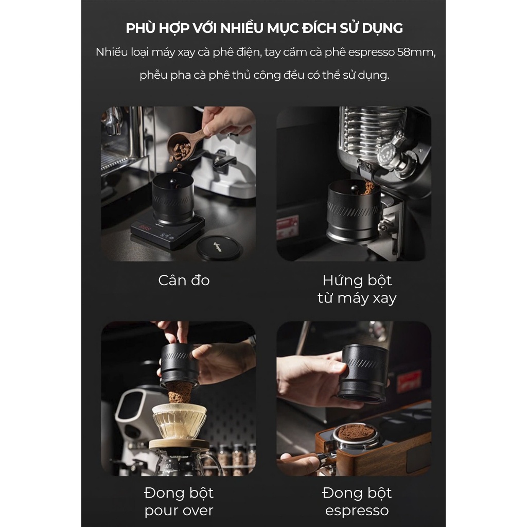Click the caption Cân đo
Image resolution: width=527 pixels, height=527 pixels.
coord(184,280)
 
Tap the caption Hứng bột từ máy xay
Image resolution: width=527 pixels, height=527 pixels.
coord(357,289)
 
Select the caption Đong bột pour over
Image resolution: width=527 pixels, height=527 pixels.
coord(179,501)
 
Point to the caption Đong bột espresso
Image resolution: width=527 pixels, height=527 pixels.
coord(357,501)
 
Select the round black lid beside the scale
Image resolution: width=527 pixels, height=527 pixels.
coord(219,248)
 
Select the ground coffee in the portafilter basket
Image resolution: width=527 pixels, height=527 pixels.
coord(356,431)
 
